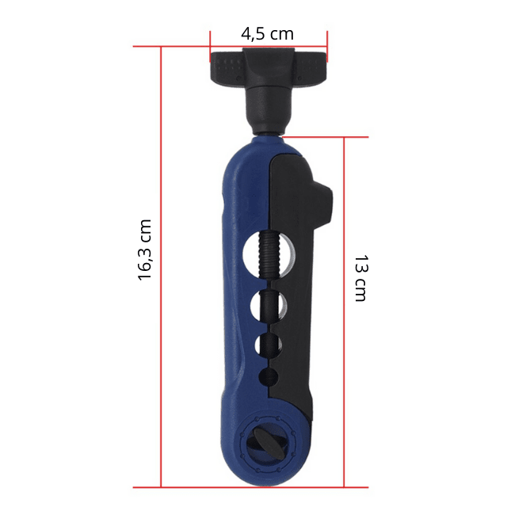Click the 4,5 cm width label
(x=268, y=34)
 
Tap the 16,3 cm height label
(x=144, y=250)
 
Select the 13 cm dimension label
(x=361, y=278)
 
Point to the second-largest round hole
(x=269, y=307)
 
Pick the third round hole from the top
(x=268, y=345)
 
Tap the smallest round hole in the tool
(x=269, y=377)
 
